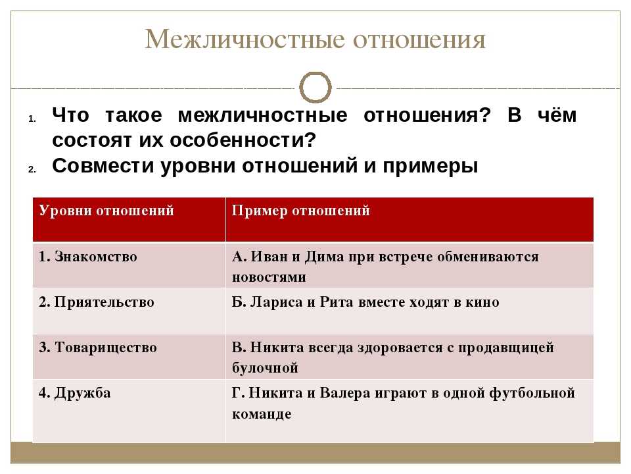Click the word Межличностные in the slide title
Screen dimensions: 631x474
click(x=245, y=39)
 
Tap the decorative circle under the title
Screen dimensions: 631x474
click(x=315, y=73)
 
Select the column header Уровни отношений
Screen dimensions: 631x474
click(x=106, y=211)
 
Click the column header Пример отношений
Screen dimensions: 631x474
click(x=300, y=211)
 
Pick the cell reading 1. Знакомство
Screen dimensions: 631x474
click(x=87, y=256)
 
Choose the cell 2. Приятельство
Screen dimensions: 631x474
click(x=96, y=302)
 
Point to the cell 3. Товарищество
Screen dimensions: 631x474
click(x=98, y=348)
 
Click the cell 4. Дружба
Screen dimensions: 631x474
click(x=74, y=393)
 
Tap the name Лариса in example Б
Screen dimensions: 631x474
click(x=277, y=302)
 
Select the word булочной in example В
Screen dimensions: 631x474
click(x=265, y=368)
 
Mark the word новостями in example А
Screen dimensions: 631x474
click(x=269, y=277)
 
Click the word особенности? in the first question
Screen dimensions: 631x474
click(x=243, y=140)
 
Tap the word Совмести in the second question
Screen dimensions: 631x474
click(x=103, y=166)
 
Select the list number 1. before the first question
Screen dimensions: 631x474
click(x=32, y=119)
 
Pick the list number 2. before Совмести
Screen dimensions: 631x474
click(x=32, y=170)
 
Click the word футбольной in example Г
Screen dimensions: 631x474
click(x=532, y=393)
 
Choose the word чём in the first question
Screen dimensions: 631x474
click(x=557, y=115)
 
